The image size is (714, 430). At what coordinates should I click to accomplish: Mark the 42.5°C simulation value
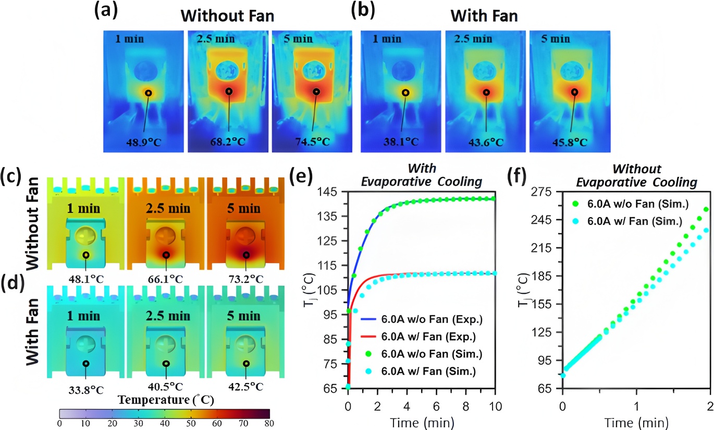click(x=245, y=386)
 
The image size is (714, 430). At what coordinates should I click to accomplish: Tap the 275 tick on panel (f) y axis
click(x=546, y=192)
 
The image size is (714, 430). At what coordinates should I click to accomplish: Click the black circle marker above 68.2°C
click(x=229, y=92)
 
